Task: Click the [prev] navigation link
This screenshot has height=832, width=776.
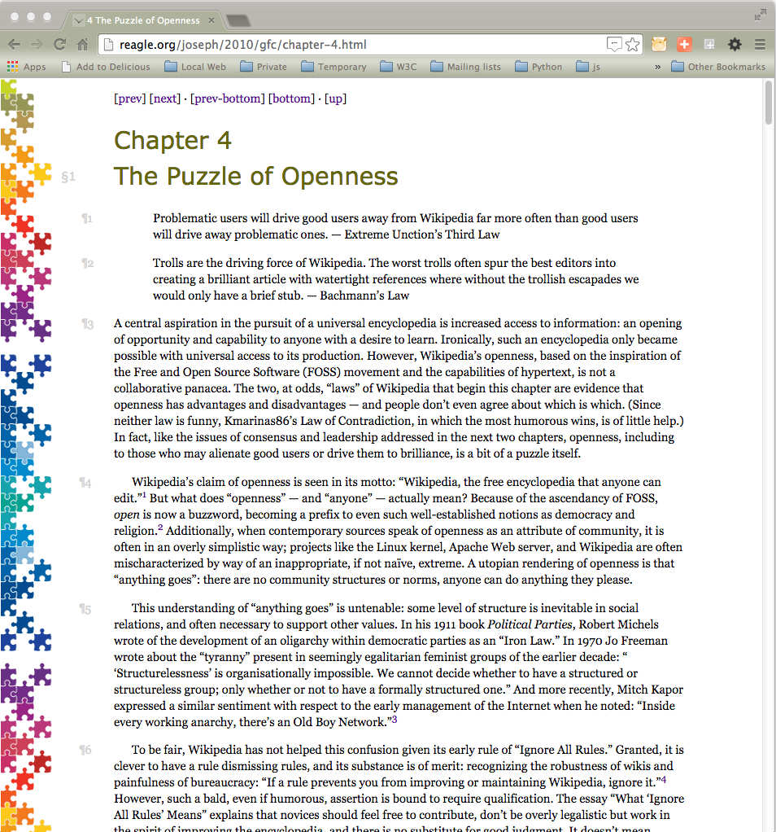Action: point(130,99)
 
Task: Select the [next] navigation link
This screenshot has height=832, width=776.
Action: point(165,99)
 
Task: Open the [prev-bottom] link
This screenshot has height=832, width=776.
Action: point(228,99)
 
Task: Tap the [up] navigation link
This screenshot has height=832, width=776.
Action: point(335,99)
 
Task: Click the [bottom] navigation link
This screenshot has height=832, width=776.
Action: point(291,99)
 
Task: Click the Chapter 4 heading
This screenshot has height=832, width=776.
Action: point(172,141)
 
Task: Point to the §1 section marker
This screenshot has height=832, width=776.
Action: point(68,176)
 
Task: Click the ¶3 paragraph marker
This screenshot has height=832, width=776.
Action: point(87,324)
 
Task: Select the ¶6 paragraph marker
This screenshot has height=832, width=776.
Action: point(85,750)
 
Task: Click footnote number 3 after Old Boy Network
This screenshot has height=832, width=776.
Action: point(395,720)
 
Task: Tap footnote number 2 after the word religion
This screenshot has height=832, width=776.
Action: point(160,528)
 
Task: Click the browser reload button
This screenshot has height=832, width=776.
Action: point(59,44)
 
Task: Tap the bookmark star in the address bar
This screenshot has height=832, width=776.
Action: point(632,44)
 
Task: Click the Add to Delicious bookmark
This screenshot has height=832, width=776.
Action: point(113,67)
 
